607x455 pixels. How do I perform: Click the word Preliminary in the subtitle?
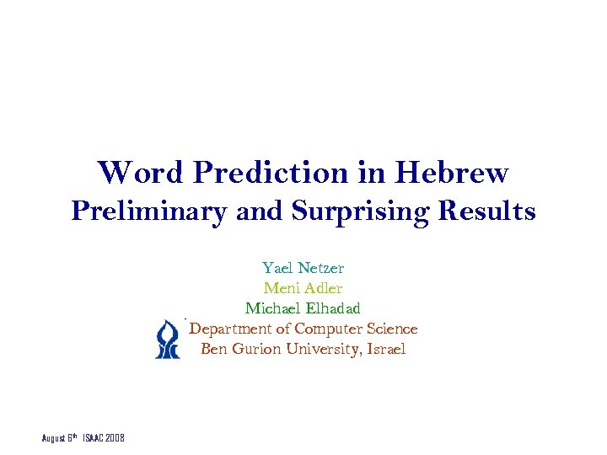pos(148,211)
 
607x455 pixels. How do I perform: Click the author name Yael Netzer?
pos(303,268)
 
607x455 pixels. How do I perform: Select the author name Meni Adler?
pos(303,288)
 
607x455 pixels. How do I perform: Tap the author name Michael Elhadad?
pos(303,308)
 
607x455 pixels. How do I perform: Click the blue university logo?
pos(168,340)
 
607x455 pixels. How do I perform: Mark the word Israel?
pos(385,349)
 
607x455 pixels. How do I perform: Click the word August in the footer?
pos(55,439)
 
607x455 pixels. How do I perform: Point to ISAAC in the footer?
pos(94,439)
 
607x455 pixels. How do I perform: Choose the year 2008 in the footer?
pos(115,439)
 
